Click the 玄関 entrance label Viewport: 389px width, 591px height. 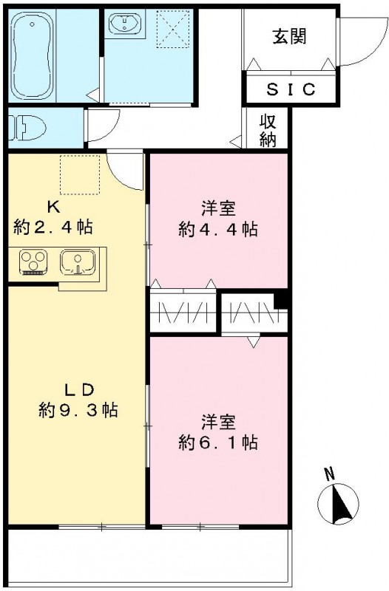click(x=288, y=35)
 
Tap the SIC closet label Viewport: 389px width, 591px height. click(x=291, y=90)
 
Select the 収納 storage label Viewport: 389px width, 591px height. click(x=268, y=131)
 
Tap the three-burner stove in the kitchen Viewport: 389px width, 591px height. click(x=33, y=262)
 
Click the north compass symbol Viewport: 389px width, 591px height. click(x=338, y=504)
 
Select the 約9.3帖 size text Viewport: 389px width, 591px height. click(x=79, y=409)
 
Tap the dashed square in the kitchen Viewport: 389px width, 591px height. click(x=79, y=175)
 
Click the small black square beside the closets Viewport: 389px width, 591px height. click(x=279, y=301)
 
